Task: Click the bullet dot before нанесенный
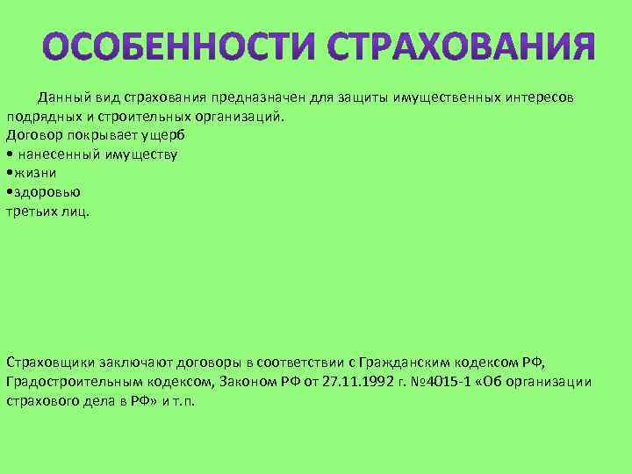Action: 9,154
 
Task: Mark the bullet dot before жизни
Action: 9,173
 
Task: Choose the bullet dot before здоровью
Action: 9,192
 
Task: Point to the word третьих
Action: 32,212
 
